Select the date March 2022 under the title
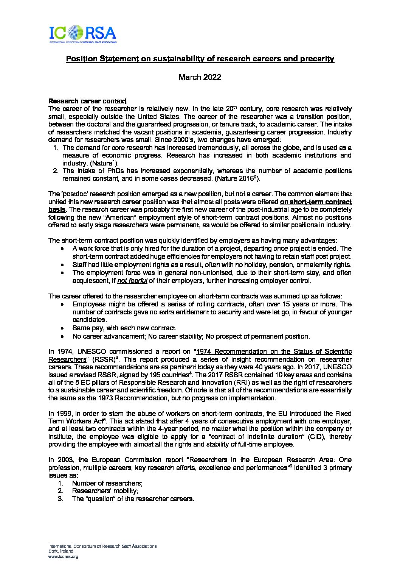[200, 77]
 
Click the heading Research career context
[87, 101]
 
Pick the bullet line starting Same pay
[124, 328]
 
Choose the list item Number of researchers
[107, 483]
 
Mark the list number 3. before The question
[60, 499]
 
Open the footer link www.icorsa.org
[63, 556]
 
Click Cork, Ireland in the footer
[61, 551]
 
